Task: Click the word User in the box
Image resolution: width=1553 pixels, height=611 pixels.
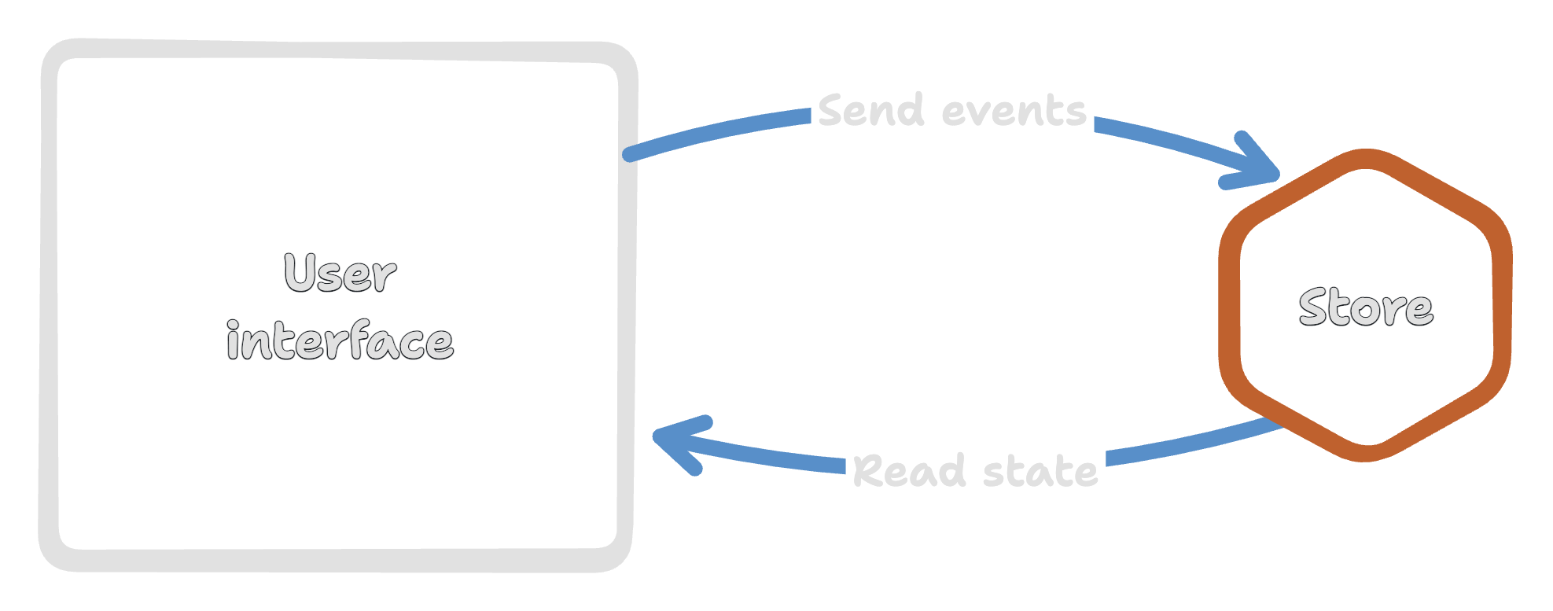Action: [x=340, y=274]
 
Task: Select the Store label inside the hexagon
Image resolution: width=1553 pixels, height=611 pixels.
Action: [x=1366, y=307]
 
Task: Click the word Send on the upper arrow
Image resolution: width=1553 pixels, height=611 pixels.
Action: [x=870, y=111]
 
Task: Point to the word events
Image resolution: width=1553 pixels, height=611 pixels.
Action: [x=1014, y=112]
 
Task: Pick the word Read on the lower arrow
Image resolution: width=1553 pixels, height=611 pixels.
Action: [x=908, y=471]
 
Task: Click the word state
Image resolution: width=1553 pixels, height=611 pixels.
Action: [x=1040, y=472]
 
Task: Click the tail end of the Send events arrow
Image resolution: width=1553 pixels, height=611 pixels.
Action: [x=630, y=154]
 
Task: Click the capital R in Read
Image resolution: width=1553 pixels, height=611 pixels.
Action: [x=869, y=470]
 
